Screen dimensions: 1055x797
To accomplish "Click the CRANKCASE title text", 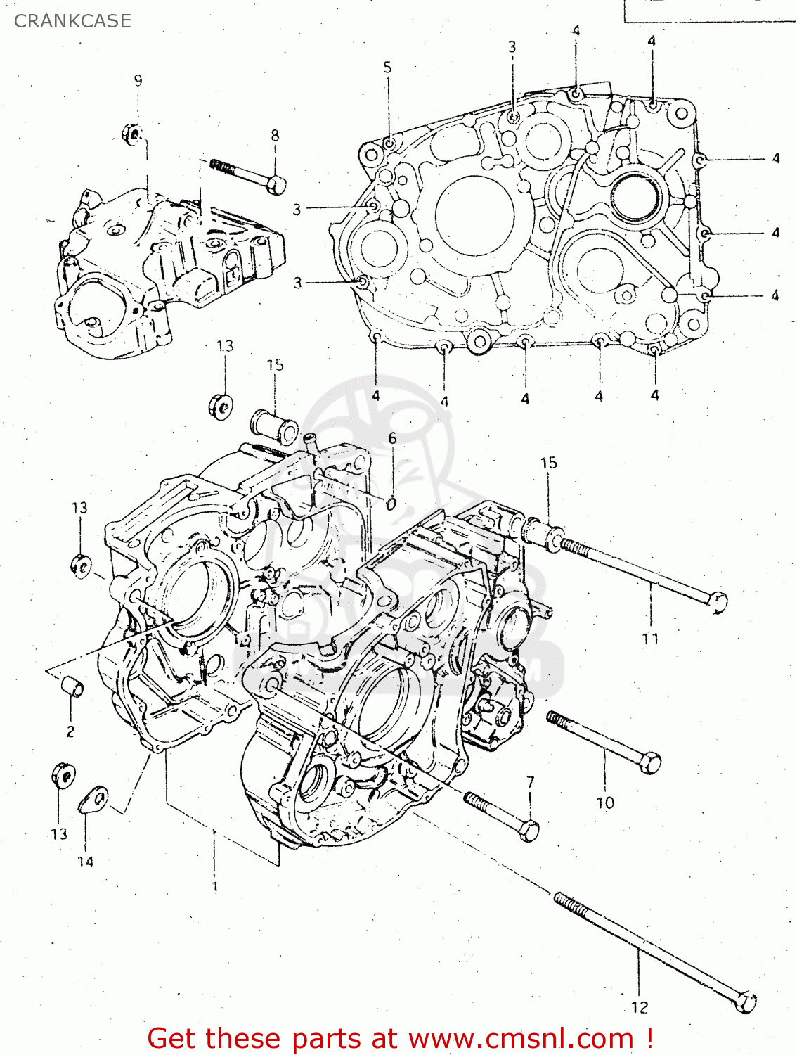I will (x=72, y=21).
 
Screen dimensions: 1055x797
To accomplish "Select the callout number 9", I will (x=138, y=80).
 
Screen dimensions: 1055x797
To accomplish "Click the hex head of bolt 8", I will (x=277, y=185).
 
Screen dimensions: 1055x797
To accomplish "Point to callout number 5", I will (x=387, y=68).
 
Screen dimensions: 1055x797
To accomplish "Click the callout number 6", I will (x=392, y=438).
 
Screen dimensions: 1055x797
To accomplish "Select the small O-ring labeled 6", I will (x=392, y=502).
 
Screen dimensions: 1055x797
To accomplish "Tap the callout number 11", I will (x=650, y=638).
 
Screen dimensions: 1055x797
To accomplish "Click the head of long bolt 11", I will (x=718, y=602).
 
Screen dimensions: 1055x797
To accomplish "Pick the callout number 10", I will (x=605, y=802).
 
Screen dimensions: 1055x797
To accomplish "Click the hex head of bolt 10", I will (x=651, y=762).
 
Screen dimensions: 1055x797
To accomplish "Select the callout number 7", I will (x=531, y=781).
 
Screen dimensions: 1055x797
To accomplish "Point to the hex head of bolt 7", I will (x=529, y=831).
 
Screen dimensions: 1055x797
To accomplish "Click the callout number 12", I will (x=640, y=1007).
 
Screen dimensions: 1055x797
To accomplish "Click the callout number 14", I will (x=85, y=861).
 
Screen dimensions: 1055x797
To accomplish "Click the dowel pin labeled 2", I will (x=72, y=686).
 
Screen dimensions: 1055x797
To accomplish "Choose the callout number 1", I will (x=215, y=886).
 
